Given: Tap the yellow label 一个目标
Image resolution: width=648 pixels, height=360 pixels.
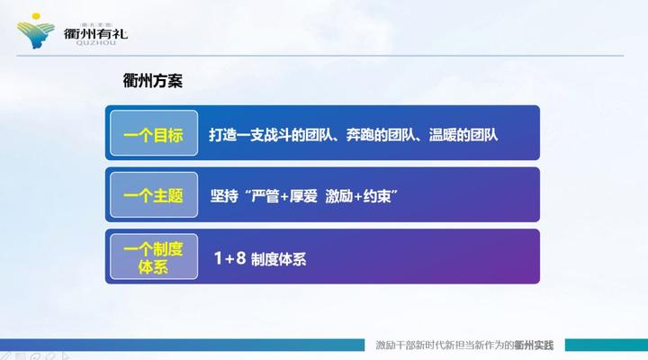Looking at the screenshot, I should [x=153, y=136].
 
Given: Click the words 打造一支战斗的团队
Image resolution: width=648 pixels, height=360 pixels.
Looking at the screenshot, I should [x=271, y=136].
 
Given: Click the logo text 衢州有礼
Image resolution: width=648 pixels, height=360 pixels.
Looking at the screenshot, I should [x=96, y=34].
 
